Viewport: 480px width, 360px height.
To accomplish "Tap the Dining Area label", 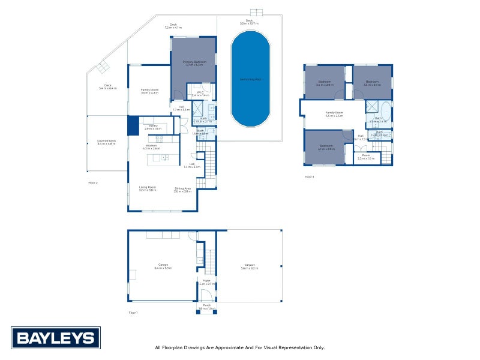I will tap(183, 189).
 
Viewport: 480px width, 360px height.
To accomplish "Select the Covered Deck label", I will tap(106, 142).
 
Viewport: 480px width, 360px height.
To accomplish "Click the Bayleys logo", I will tap(55, 338).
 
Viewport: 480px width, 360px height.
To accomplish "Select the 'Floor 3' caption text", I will tap(309, 177).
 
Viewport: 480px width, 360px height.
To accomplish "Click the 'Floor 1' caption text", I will tap(133, 313).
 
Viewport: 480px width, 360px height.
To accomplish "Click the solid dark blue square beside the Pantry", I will tap(133, 126).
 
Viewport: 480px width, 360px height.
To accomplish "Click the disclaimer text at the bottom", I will tap(239, 347).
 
